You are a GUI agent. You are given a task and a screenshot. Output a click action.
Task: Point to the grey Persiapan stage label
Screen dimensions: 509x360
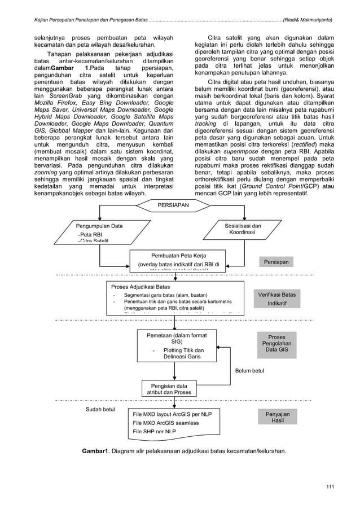(276, 262)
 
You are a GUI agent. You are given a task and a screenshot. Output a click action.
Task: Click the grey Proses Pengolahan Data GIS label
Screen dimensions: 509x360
(276, 344)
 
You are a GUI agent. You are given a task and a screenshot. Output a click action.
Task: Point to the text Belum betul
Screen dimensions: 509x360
(249, 371)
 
